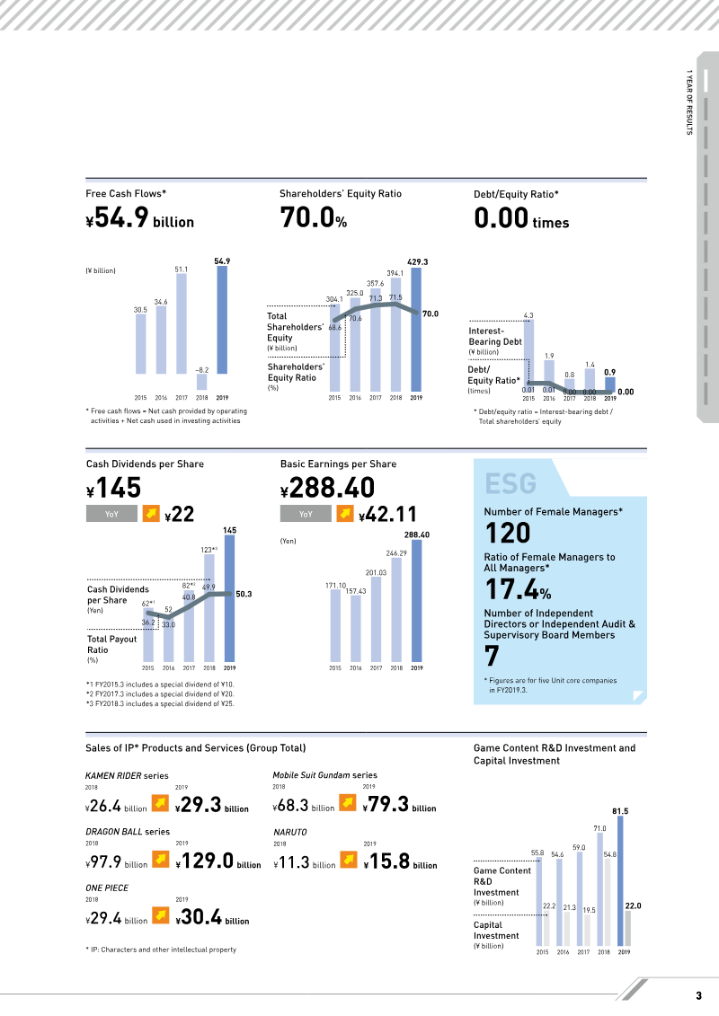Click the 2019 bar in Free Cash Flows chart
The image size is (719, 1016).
tap(222, 320)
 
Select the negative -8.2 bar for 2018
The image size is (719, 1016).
tap(201, 382)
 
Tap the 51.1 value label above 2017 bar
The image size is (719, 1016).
tap(182, 269)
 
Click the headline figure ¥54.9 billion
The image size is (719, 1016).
tap(140, 218)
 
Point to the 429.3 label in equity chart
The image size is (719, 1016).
tap(418, 261)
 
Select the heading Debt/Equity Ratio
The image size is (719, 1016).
tap(516, 194)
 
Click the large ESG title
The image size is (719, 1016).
tap(510, 483)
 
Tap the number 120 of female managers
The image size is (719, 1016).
tap(509, 533)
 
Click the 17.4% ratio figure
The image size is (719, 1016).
tap(518, 589)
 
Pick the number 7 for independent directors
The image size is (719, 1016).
tap(493, 656)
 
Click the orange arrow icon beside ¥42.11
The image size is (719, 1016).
tap(345, 513)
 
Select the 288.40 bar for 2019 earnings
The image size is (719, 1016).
tap(417, 601)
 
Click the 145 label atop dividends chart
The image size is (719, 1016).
tap(229, 530)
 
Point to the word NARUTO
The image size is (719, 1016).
tap(290, 832)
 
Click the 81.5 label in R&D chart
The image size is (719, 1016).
tap(620, 811)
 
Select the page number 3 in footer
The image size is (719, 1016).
tap(699, 996)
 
